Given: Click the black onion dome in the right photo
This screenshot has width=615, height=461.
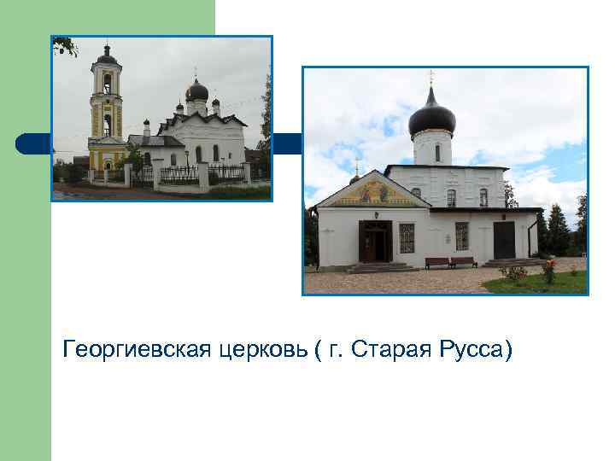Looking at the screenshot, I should pyautogui.click(x=431, y=117).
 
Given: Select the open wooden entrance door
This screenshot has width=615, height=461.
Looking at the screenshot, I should pyautogui.click(x=375, y=242).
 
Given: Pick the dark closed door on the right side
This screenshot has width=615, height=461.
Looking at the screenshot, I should pyautogui.click(x=504, y=240).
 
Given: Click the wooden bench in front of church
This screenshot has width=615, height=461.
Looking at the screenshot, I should pyautogui.click(x=450, y=262).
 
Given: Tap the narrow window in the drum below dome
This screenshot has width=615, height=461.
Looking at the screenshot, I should pyautogui.click(x=437, y=153).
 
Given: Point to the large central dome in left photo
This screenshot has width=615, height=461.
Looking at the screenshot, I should pyautogui.click(x=197, y=90).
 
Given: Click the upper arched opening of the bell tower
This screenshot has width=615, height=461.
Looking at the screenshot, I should pyautogui.click(x=107, y=83).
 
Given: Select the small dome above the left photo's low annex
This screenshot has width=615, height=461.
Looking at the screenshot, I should pyautogui.click(x=146, y=124).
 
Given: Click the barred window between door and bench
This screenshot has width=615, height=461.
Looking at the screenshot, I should pyautogui.click(x=407, y=237).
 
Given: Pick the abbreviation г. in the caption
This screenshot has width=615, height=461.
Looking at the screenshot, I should pyautogui.click(x=337, y=350).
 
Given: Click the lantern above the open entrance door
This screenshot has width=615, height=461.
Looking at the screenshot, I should pyautogui.click(x=375, y=214).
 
